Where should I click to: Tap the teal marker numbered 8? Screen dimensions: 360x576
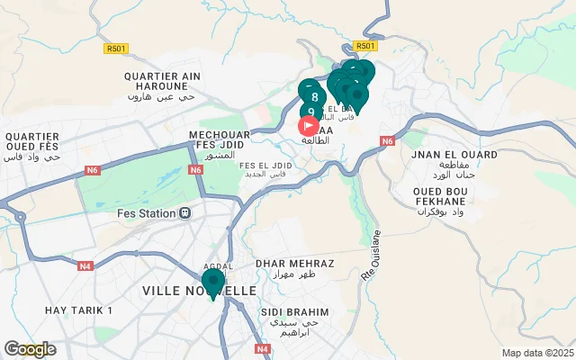(313, 95)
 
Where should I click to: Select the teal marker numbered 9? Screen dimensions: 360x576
(310, 112)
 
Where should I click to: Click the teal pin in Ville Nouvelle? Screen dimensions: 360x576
(213, 283)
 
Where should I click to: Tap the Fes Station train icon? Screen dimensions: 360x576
(184, 213)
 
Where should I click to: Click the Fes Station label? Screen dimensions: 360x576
(148, 213)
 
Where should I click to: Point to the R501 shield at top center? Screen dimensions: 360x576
(364, 46)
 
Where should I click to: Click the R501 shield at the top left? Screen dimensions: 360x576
(116, 49)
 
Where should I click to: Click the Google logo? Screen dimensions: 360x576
(30, 349)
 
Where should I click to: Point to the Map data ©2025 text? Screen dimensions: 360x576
(537, 353)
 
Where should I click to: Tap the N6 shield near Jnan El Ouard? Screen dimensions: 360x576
(388, 141)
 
